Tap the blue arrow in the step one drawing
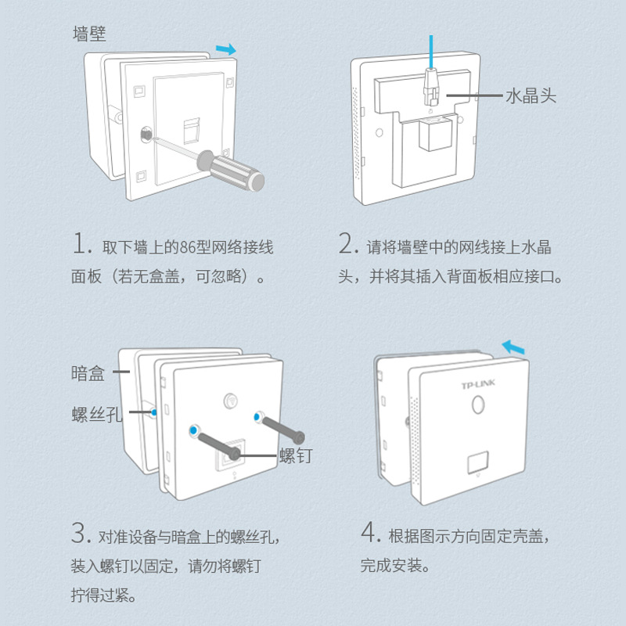point(226,49)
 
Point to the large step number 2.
point(348,244)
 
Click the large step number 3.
point(79,534)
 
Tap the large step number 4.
point(370,534)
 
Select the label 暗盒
point(88,374)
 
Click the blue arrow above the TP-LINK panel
point(513,346)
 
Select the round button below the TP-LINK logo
point(478,407)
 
